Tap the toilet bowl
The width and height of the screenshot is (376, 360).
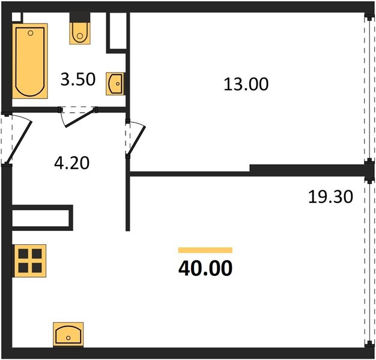tap(80, 33)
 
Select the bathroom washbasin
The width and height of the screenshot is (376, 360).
tap(115, 83)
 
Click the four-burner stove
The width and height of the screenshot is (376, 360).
tap(30, 261)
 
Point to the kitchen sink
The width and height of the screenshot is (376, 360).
tap(68, 334)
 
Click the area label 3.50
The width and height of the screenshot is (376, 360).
tap(78, 80)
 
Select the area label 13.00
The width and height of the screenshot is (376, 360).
tap(246, 85)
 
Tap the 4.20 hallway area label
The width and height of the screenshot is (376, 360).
tap(71, 163)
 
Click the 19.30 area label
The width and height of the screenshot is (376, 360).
tap(330, 197)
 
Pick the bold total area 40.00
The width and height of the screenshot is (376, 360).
tap(205, 268)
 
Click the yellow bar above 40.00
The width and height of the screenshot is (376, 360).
tap(205, 250)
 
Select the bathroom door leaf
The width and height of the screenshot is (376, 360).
tap(80, 118)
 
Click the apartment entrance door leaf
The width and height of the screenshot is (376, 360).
tap(19, 142)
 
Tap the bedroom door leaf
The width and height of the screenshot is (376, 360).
tap(137, 140)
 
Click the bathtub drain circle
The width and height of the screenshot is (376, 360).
tap(31, 33)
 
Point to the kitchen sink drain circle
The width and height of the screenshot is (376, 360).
tap(68, 338)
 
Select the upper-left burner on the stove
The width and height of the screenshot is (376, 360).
tap(23, 254)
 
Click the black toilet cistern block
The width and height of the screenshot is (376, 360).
tap(80, 17)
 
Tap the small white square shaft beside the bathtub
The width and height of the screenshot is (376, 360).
tap(16, 17)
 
